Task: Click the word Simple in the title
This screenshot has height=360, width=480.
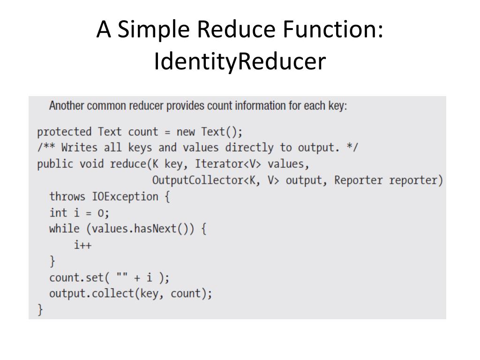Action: click(154, 31)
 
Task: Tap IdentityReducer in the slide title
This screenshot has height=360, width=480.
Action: click(240, 62)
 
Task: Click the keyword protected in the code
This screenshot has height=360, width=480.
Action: click(64, 131)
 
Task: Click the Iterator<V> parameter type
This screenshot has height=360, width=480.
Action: click(228, 164)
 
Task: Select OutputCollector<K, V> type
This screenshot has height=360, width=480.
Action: click(216, 180)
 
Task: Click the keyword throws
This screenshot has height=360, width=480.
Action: click(67, 196)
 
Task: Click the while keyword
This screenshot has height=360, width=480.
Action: click(64, 229)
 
